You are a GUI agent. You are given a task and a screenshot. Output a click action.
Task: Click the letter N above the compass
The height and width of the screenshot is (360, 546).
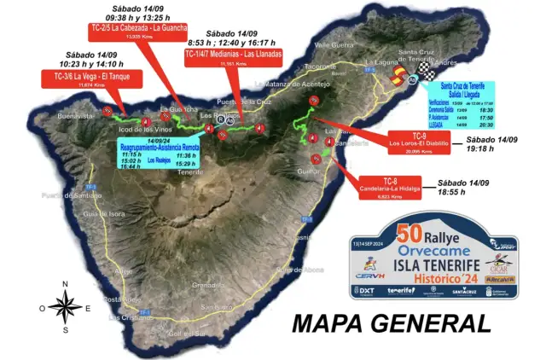pos(64,284)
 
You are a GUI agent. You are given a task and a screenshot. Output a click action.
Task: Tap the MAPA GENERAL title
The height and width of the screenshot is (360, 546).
pos(392,324)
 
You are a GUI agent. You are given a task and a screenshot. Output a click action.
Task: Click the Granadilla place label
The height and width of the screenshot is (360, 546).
pos(208,284)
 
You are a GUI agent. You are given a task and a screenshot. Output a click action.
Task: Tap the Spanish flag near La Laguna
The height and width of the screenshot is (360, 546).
pos(398,78)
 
